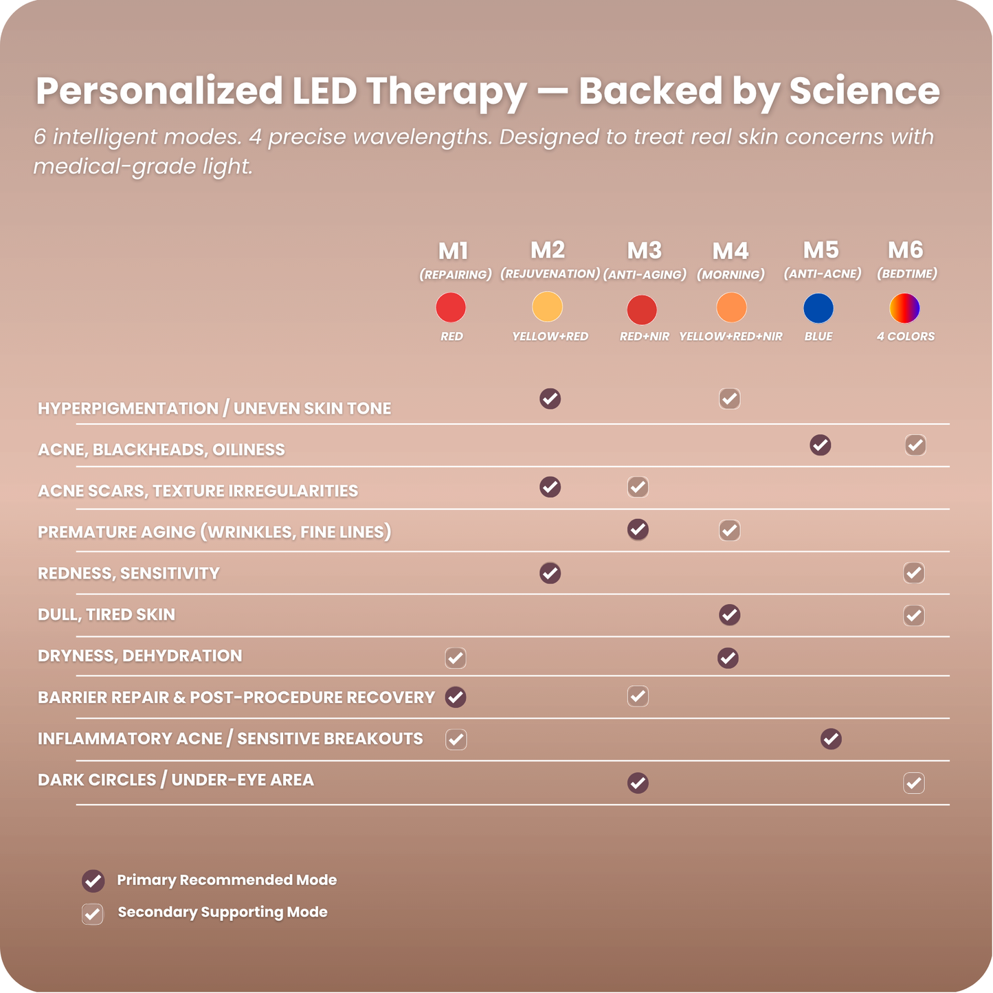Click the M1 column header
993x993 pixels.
(454, 252)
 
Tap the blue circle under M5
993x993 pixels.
(818, 308)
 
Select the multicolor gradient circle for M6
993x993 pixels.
(904, 308)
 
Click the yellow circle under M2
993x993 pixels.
(548, 306)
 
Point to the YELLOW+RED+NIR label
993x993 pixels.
(730, 337)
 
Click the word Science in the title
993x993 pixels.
(864, 91)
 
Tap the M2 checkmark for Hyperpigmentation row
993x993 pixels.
(550, 399)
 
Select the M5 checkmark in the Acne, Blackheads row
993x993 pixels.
(821, 445)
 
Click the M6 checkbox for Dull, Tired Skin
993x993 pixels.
(914, 616)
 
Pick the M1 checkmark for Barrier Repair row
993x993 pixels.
(456, 698)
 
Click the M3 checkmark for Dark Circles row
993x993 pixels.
(638, 783)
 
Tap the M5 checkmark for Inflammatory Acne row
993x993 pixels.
(831, 739)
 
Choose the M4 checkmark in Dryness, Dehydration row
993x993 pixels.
(728, 658)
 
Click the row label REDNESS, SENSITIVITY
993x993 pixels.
(129, 574)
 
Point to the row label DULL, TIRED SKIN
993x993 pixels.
(107, 615)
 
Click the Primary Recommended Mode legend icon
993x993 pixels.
(93, 881)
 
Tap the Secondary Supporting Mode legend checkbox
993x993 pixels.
(93, 914)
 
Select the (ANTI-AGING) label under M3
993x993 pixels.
(645, 275)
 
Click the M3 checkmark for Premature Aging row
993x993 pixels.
(638, 530)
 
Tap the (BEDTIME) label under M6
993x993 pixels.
(906, 274)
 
